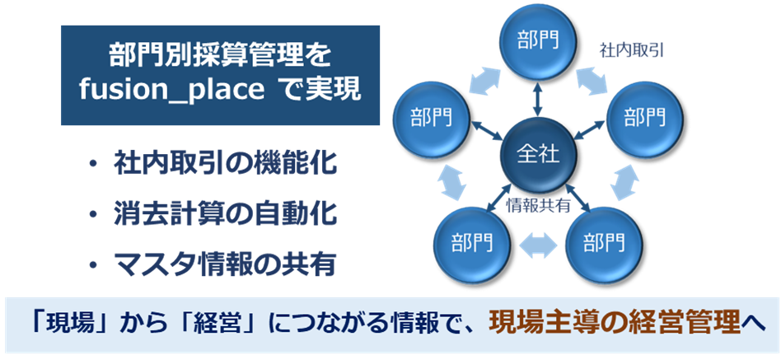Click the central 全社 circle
click(538, 156)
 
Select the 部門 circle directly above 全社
click(537, 44)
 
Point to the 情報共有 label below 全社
click(537, 206)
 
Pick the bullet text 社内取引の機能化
click(225, 165)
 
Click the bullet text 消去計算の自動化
click(225, 215)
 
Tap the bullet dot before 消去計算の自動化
click(92, 215)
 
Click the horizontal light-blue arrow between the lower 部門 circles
click(537, 245)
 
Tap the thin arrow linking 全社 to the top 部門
click(537, 100)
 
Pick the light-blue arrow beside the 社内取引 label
click(592, 81)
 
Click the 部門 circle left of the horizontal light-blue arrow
click(473, 245)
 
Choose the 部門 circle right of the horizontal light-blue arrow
click(604, 245)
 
